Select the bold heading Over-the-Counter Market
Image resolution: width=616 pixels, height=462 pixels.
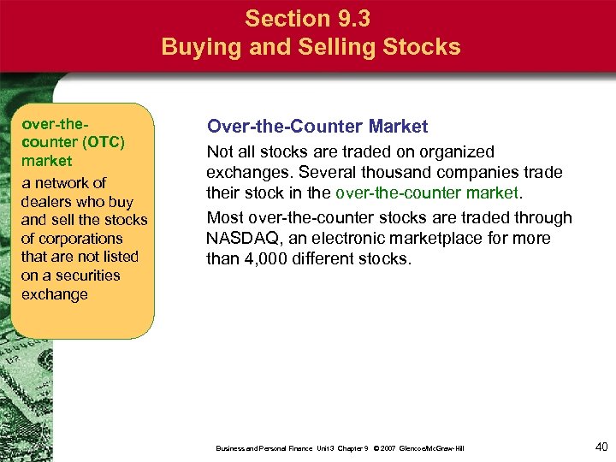[317, 127]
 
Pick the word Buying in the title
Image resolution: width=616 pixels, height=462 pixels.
[199, 46]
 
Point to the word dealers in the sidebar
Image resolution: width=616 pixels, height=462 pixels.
[47, 202]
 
